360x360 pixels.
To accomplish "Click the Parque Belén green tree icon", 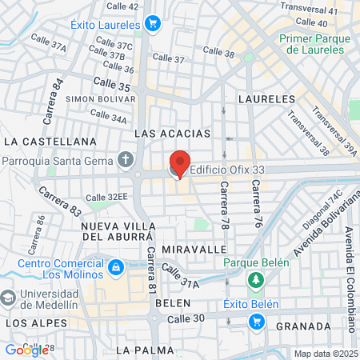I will point(255,280).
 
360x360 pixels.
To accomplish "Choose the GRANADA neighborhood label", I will point(302,326).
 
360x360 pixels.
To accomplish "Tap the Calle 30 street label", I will point(186,318).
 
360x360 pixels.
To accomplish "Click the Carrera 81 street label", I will point(151,270).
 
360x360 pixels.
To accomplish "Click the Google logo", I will point(26,350).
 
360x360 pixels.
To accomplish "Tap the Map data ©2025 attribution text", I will point(323,354).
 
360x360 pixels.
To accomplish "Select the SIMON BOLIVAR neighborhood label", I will point(97,98).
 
